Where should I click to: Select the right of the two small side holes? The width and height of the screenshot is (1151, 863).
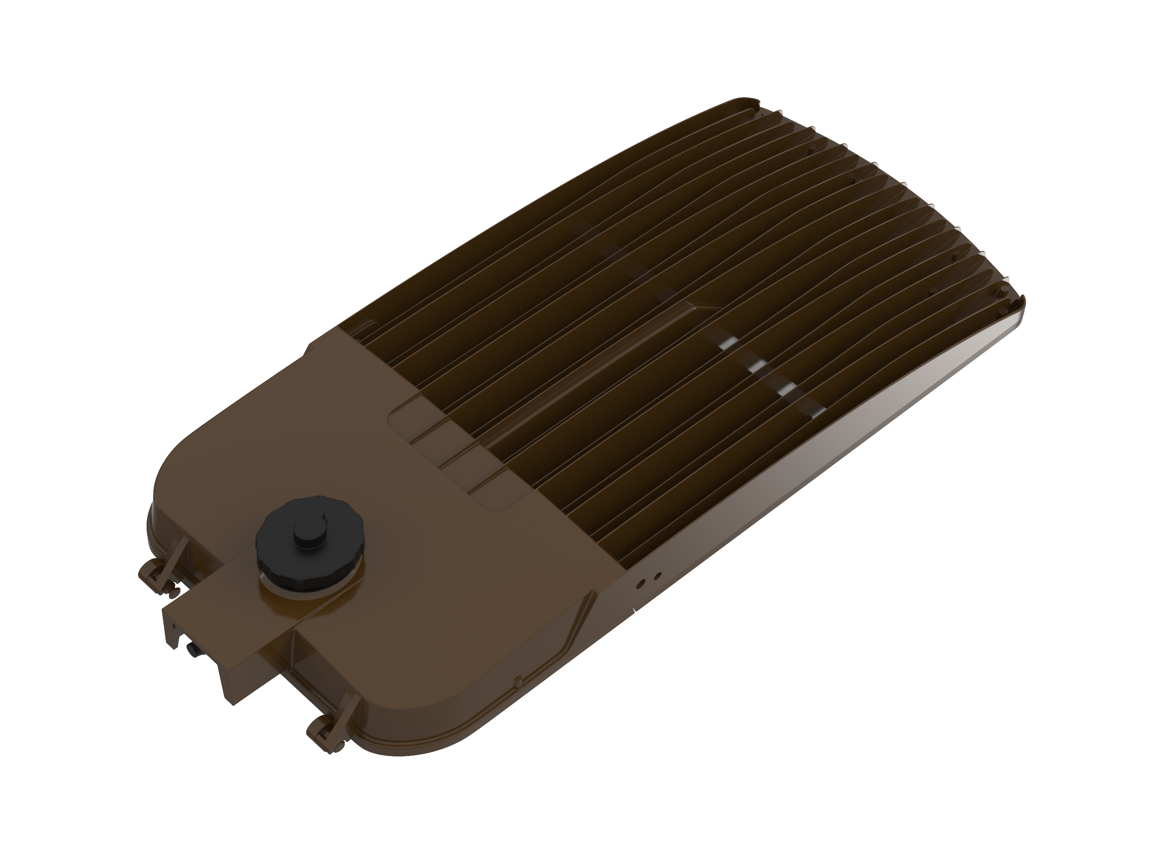[x=657, y=576]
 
